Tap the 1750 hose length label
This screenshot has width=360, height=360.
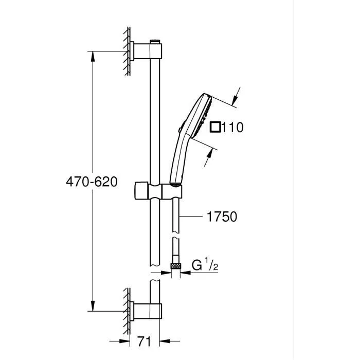[x=222, y=217]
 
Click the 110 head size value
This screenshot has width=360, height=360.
[x=233, y=127]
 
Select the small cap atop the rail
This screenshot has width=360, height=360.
[x=155, y=41]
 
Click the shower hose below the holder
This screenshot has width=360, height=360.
[x=176, y=221]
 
